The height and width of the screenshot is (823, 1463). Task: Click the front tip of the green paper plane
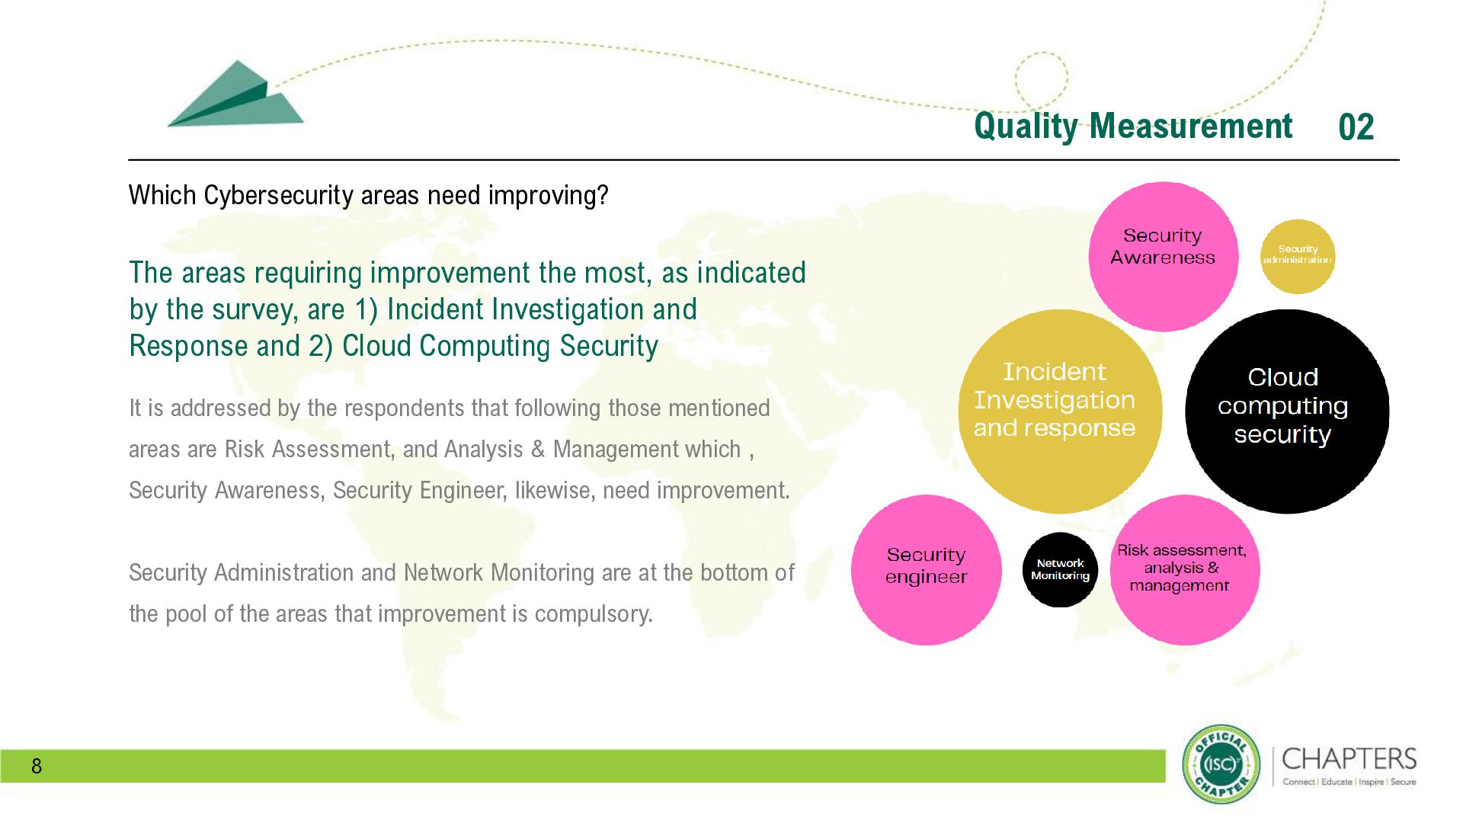pyautogui.click(x=168, y=126)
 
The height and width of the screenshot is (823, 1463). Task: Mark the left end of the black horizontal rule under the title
pyautogui.click(x=129, y=160)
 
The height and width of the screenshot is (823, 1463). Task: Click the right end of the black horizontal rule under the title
pyautogui.click(x=1400, y=160)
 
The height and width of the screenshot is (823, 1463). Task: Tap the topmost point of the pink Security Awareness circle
pyautogui.click(x=1164, y=182)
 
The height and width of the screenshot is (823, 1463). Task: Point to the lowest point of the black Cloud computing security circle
pyautogui.click(x=1287, y=514)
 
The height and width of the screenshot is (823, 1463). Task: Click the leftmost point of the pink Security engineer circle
pyautogui.click(x=851, y=570)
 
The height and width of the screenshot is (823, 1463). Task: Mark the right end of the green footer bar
pyautogui.click(x=1166, y=766)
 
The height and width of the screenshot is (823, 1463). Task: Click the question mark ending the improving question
pyautogui.click(x=603, y=196)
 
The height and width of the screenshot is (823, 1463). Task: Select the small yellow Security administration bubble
pyautogui.click(x=1298, y=257)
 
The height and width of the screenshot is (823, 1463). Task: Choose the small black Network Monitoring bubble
pyautogui.click(x=1060, y=570)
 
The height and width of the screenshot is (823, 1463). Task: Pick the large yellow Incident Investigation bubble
pyautogui.click(x=1060, y=411)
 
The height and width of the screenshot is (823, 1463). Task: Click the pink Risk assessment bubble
pyautogui.click(x=1185, y=570)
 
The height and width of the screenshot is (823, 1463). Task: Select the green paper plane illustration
pyautogui.click(x=235, y=94)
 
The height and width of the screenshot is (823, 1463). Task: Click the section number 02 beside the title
pyautogui.click(x=1356, y=127)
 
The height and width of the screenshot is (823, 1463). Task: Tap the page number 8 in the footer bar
pyautogui.click(x=37, y=766)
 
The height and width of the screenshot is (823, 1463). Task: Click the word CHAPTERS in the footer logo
pyautogui.click(x=1349, y=759)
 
